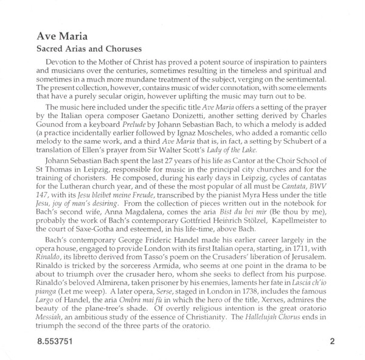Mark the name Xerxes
click(x=287, y=319)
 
